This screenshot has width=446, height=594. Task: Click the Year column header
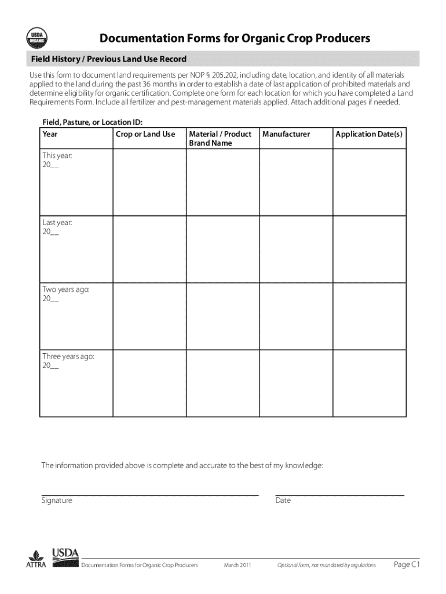50,134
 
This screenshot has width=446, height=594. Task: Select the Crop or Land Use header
145,134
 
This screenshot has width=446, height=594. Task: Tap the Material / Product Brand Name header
220,138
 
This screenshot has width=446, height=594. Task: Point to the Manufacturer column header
286,134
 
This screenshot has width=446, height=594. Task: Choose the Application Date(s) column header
368,134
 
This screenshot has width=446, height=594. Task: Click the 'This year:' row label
57,155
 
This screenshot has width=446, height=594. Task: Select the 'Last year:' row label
57,223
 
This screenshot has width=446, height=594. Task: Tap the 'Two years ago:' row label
65,289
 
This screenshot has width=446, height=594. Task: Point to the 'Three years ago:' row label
68,356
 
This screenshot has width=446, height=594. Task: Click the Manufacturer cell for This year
295,181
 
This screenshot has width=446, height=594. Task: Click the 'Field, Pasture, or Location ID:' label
92,122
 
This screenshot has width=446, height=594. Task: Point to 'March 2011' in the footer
237,565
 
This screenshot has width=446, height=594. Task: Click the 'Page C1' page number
406,564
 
